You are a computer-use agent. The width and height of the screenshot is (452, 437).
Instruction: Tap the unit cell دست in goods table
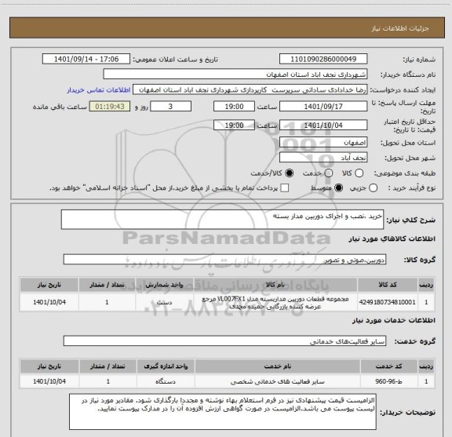166,301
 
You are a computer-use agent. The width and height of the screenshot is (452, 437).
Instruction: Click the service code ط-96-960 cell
399,381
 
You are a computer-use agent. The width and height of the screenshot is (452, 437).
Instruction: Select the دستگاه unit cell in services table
166,381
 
